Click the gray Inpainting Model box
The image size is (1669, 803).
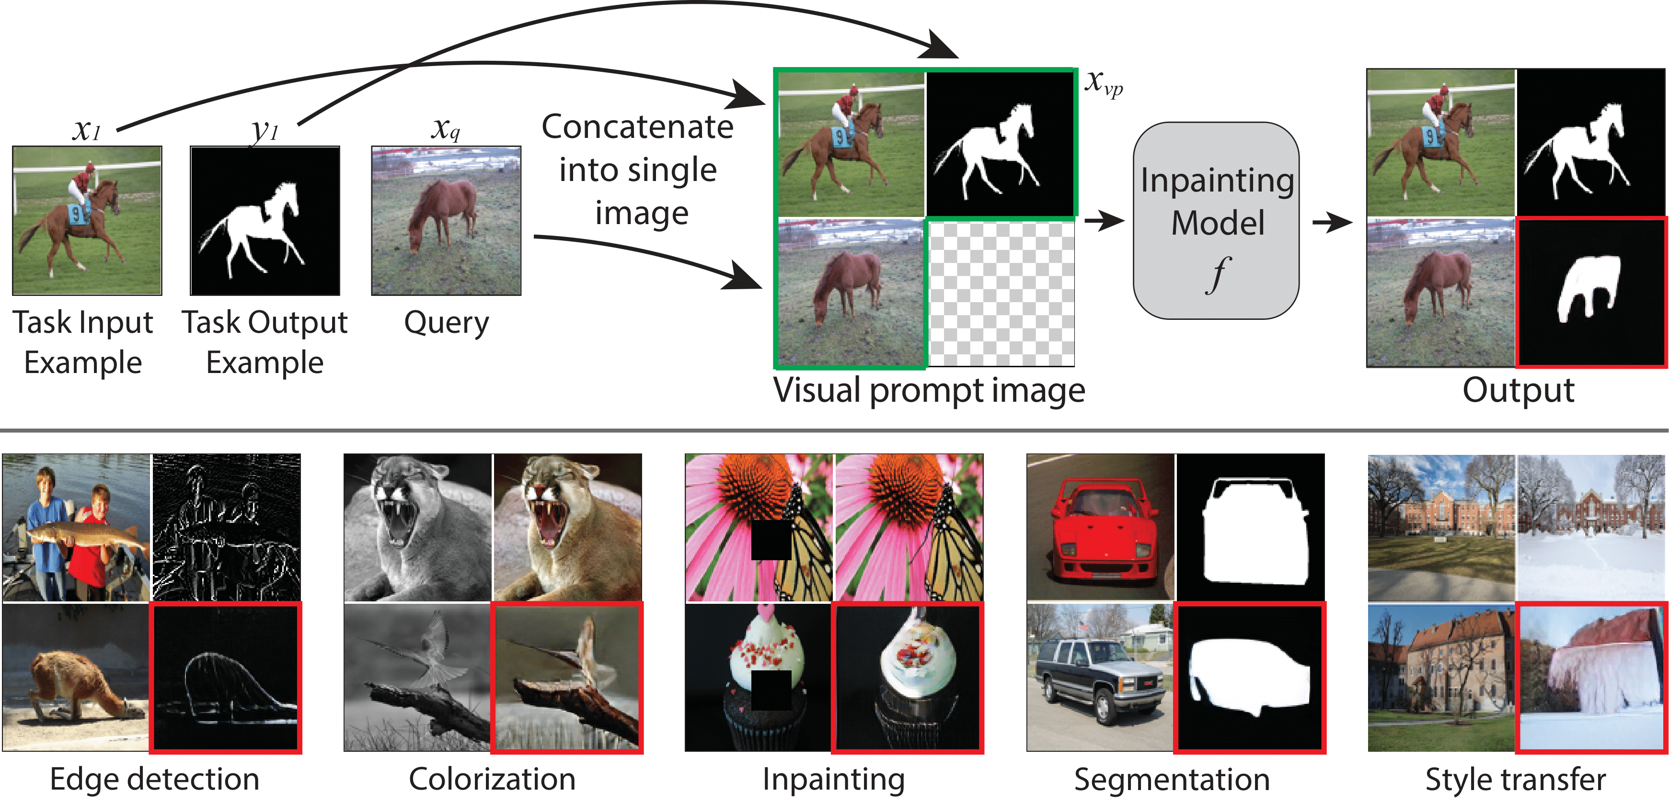[1216, 221]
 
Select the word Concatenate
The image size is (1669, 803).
[637, 126]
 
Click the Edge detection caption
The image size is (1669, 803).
[154, 779]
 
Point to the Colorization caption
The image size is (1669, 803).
[493, 779]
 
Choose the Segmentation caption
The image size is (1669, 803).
[1172, 779]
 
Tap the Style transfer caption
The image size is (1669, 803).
[1516, 779]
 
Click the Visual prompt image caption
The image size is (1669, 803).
[929, 391]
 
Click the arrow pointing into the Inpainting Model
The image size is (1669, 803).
[1104, 222]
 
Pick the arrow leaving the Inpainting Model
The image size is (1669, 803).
[1332, 223]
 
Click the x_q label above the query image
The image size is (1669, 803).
[446, 128]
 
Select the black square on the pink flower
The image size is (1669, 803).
[771, 540]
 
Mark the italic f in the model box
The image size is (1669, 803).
[1219, 274]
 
